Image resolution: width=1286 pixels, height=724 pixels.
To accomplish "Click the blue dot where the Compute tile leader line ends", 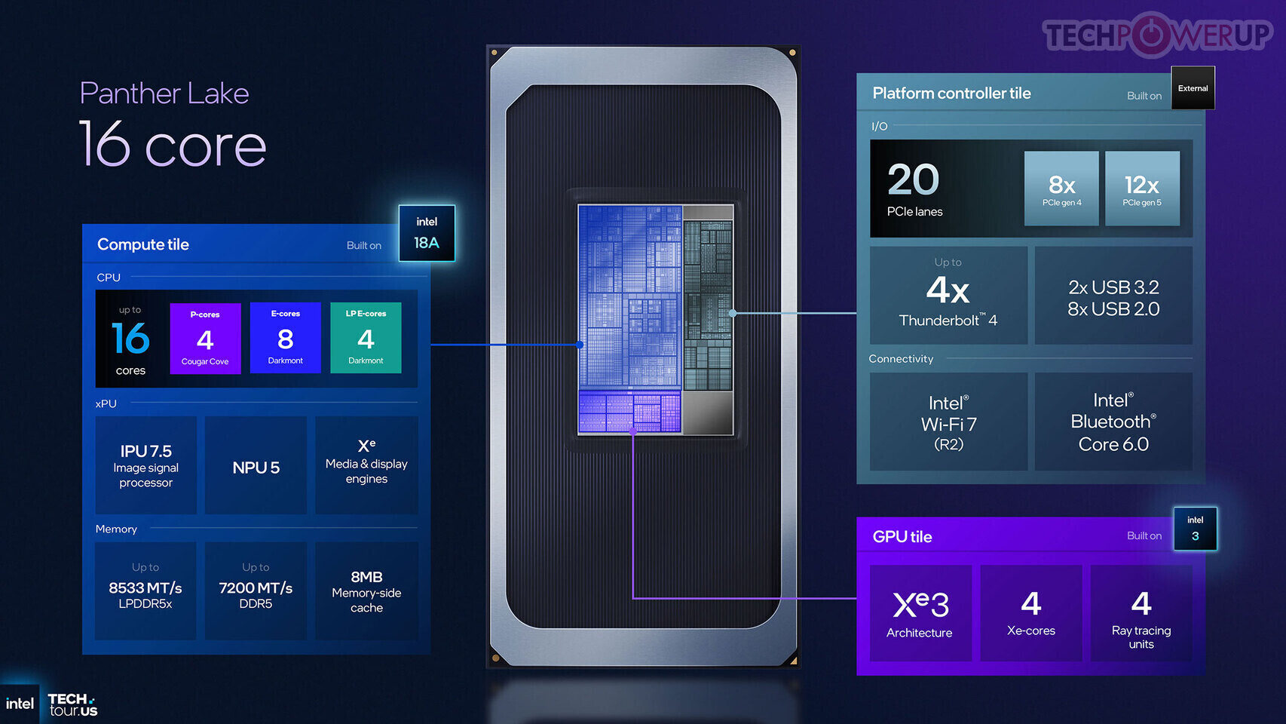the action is click(580, 345).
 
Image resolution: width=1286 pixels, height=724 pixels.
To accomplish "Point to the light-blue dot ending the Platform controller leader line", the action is click(733, 313).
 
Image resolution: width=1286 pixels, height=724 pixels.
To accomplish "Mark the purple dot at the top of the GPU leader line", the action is click(632, 431).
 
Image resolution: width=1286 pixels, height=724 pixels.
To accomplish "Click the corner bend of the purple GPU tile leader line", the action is click(632, 598).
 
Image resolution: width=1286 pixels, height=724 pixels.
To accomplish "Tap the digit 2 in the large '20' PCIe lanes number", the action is click(900, 179).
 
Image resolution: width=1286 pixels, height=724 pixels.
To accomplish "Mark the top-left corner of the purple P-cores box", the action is click(170, 303).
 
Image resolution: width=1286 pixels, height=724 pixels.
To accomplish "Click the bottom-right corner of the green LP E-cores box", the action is click(401, 373).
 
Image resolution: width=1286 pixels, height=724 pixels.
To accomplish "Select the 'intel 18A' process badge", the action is click(427, 233).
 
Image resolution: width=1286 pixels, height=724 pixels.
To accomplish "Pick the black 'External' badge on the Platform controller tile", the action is click(1193, 88).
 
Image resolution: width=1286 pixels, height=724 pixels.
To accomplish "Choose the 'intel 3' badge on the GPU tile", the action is click(1196, 529).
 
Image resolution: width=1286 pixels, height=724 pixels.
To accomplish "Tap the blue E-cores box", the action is click(286, 338).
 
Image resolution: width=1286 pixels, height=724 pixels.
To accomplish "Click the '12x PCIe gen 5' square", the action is click(1142, 189).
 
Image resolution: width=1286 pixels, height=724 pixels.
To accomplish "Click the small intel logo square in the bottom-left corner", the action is click(20, 704).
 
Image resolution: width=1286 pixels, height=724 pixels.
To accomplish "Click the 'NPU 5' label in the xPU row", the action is click(256, 468).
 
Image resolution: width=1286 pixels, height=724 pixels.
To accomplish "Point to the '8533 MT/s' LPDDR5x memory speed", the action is click(145, 587).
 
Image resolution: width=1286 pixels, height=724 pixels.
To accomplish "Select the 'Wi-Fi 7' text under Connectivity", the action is click(948, 424).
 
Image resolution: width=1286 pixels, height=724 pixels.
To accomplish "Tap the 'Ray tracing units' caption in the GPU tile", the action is click(1141, 637).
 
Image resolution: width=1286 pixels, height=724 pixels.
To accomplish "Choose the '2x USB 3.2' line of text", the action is click(1113, 287).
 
